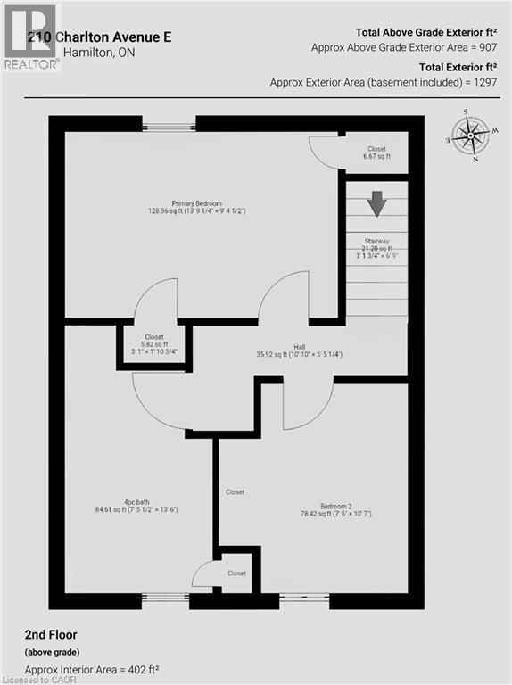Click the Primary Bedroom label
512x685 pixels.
[x=197, y=203]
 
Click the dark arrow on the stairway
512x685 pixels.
[x=377, y=204]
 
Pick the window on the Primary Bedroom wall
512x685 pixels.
[x=169, y=127]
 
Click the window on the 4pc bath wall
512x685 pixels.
[x=166, y=597]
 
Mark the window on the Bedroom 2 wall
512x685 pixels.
[x=303, y=597]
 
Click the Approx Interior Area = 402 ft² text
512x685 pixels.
[x=92, y=669]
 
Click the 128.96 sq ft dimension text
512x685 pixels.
[x=166, y=211]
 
